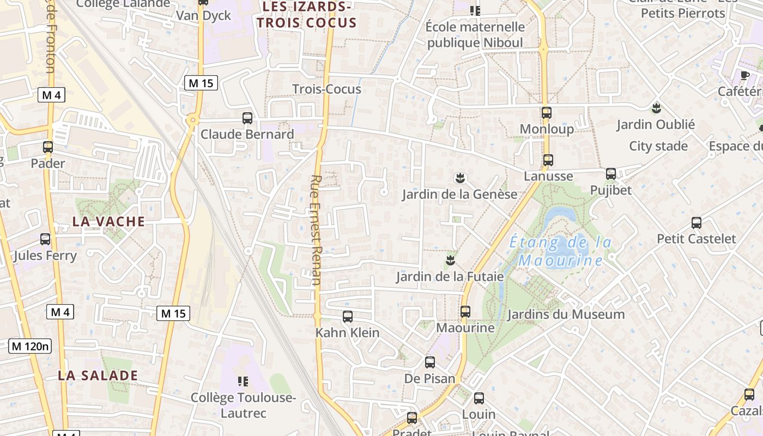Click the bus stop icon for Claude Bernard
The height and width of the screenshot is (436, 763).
coord(247,118)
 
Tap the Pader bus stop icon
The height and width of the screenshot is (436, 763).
coord(48,147)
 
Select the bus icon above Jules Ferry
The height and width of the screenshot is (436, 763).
coord(45,239)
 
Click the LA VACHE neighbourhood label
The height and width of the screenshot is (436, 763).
coord(109,221)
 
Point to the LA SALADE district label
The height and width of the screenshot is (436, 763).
coord(98,376)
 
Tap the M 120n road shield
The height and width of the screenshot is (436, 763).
coord(30,346)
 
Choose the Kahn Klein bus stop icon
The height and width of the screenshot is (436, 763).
coord(347,316)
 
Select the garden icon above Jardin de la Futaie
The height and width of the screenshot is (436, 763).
coord(450,260)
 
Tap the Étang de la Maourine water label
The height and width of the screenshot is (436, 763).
coord(560,251)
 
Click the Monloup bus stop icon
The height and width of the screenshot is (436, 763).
coord(547,113)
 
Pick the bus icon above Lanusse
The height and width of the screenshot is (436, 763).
coord(548,160)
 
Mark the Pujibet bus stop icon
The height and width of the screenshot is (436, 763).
coord(611,174)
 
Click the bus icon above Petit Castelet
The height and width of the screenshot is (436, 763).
coord(697,222)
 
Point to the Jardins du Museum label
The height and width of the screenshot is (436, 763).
coord(566,314)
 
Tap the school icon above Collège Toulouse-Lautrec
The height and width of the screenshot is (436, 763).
coord(243,381)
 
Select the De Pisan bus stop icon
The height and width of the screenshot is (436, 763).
coord(430,362)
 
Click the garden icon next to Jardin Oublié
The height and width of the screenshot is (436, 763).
coord(656,108)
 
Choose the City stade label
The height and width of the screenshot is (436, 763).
coord(658,146)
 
